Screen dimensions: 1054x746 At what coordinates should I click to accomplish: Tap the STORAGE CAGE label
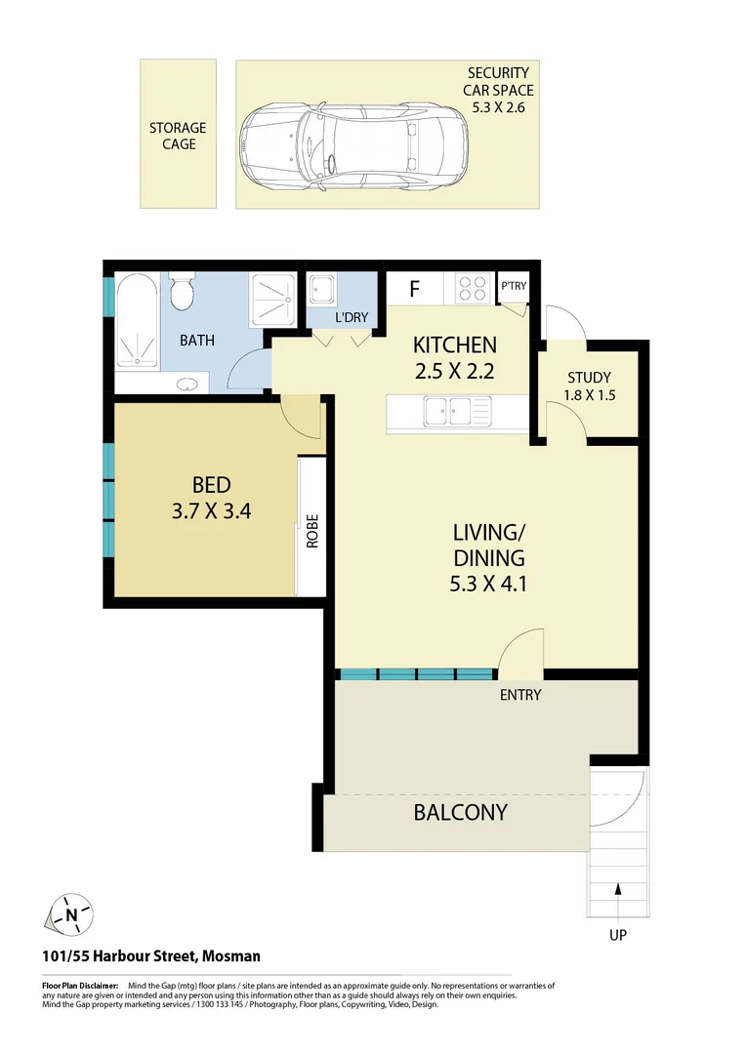point(178,136)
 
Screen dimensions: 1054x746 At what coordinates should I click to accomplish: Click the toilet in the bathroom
point(181,290)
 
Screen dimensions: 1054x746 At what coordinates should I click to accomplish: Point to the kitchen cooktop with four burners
point(473,288)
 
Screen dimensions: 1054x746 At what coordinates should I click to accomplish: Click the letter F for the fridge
point(414,290)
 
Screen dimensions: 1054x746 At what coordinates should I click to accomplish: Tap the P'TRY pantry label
point(512,287)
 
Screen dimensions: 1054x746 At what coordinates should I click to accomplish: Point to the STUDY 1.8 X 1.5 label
point(589,385)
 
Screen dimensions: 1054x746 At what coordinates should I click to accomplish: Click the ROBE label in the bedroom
point(312,531)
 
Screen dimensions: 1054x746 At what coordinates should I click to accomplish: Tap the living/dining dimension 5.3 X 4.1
point(489,585)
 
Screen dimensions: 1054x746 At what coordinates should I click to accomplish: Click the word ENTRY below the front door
point(519,695)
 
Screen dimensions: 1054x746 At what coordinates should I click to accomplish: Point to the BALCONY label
point(460,812)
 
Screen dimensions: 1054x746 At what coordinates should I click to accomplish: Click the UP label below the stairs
point(617,935)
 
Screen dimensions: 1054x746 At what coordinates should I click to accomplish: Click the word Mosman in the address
point(231,957)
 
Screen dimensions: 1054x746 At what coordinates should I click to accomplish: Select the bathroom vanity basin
point(189,384)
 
